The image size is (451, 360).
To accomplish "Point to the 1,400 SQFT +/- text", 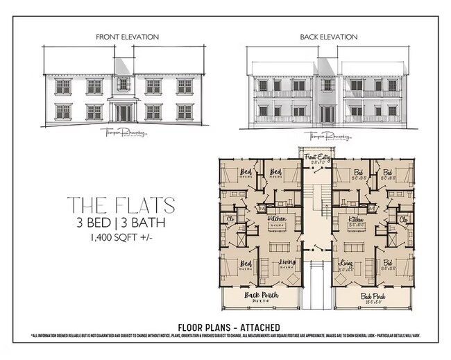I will (121, 238).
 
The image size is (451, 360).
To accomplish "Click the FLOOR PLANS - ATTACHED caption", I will (229, 327).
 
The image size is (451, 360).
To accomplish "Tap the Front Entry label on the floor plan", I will (317, 158).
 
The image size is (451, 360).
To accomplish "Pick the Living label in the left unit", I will (287, 263).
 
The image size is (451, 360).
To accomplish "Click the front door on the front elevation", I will (123, 112).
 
